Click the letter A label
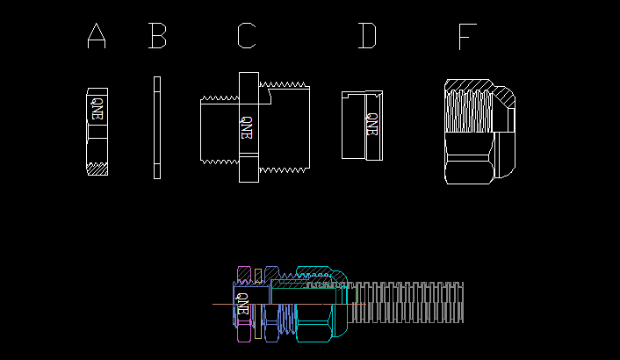[97, 36]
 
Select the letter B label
[157, 36]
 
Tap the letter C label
[247, 36]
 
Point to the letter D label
[367, 36]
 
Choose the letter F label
[467, 36]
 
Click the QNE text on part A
[97, 108]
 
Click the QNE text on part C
[247, 127]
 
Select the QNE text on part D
[372, 124]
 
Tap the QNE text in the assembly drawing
[242, 304]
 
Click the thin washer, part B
[157, 127]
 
